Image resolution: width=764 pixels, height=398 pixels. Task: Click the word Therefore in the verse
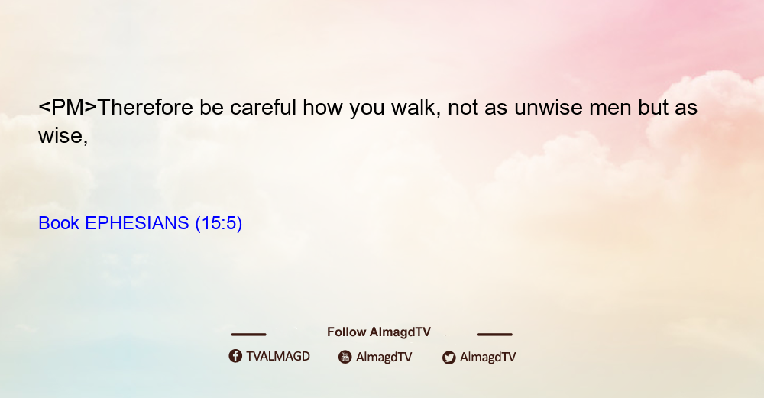(145, 107)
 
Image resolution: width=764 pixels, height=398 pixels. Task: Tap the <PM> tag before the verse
(68, 107)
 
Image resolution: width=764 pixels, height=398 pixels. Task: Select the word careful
(263, 107)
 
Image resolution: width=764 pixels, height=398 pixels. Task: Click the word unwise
(548, 108)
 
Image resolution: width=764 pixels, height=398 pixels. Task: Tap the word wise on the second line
(63, 136)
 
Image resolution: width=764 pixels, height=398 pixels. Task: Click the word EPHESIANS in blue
(137, 223)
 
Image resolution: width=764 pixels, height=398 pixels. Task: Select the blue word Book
(59, 223)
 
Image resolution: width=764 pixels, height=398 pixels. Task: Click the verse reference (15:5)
(219, 223)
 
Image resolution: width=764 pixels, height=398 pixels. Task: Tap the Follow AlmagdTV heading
(379, 332)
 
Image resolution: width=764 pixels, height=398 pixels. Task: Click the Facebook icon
(235, 356)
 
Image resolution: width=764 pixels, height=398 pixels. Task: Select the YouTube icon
(345, 357)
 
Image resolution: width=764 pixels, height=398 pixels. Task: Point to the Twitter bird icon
(449, 358)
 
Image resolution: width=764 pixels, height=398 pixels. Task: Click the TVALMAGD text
(278, 356)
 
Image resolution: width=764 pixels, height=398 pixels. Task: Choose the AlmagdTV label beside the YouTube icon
(384, 357)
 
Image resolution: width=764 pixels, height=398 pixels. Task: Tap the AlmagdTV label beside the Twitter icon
(487, 357)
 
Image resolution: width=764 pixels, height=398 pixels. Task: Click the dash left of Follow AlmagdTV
(248, 334)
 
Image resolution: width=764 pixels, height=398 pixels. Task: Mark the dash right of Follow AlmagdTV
(495, 334)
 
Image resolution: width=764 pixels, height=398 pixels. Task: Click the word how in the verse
(322, 107)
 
